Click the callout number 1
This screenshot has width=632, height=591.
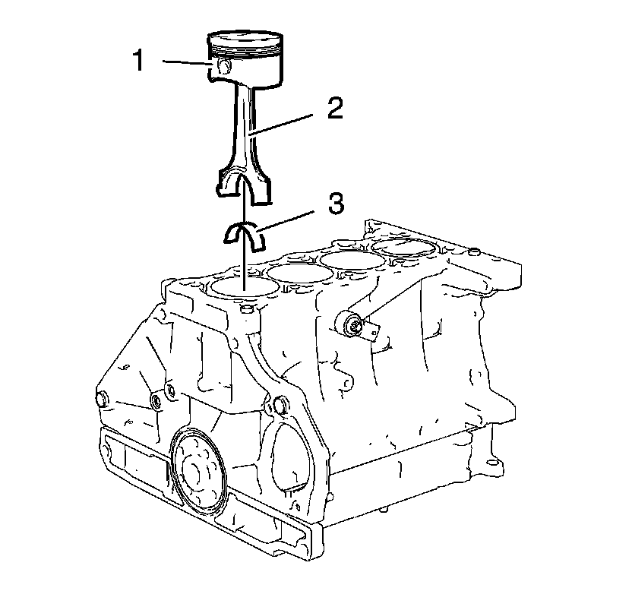(x=139, y=60)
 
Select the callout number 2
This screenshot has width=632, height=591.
(x=334, y=108)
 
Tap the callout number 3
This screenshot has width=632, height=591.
(x=337, y=204)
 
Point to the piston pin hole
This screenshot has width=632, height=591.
(x=223, y=67)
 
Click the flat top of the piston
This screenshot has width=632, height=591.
(x=245, y=37)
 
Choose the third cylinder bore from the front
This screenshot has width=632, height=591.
(x=352, y=261)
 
